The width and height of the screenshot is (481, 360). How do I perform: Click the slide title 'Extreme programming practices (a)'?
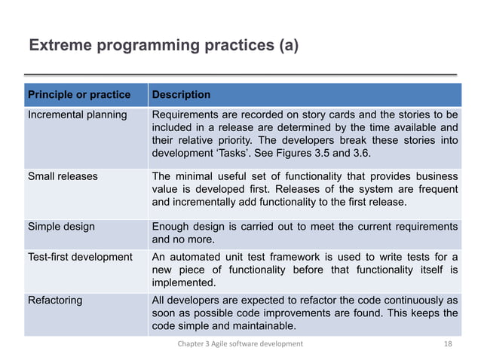[x=163, y=46]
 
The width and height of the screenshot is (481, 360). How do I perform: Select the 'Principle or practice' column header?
[x=78, y=95]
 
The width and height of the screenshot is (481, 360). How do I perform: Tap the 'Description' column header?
[x=181, y=95]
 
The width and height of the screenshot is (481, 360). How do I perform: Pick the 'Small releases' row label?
[x=63, y=177]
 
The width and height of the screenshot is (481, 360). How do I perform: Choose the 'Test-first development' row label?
[x=80, y=258]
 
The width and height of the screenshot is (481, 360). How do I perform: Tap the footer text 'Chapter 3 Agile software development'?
[x=240, y=343]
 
